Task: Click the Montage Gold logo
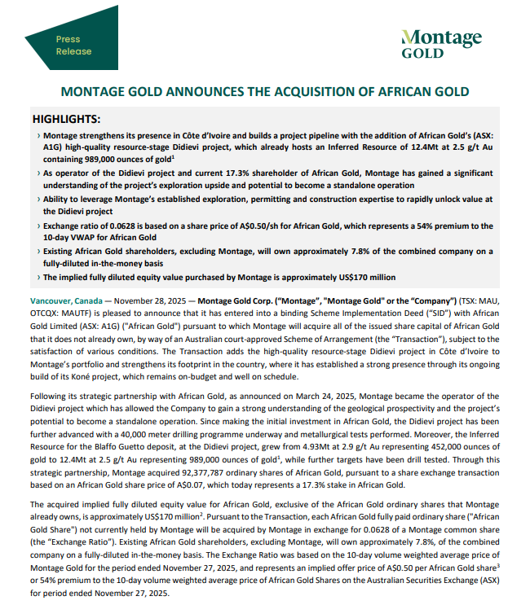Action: (x=442, y=44)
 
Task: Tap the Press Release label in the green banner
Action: (x=68, y=45)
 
